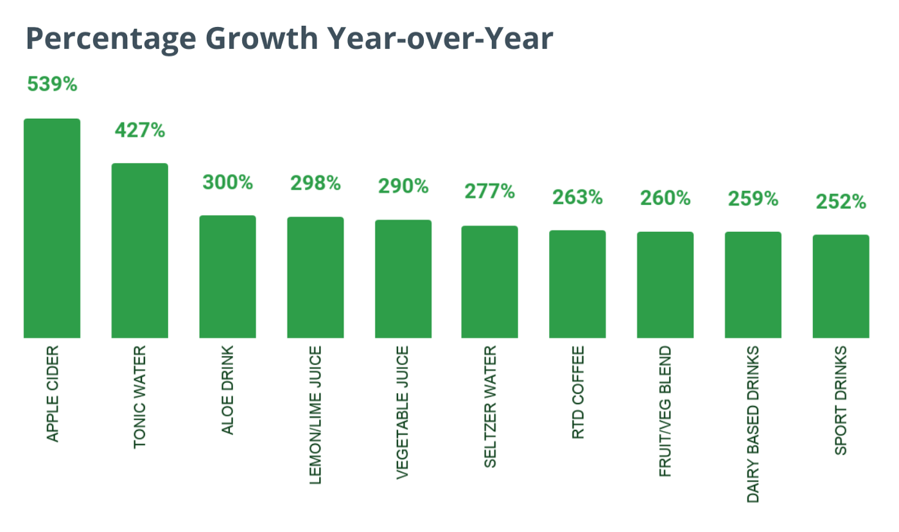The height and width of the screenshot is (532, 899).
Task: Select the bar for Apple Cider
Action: (52, 228)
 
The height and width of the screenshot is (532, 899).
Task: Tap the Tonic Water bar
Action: (140, 251)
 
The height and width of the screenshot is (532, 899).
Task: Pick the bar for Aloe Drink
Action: (228, 276)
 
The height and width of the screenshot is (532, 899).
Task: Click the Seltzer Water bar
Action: (490, 281)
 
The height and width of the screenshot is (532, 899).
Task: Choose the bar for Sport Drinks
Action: (841, 286)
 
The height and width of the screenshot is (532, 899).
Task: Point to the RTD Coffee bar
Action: (577, 284)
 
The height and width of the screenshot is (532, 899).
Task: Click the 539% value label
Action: (52, 84)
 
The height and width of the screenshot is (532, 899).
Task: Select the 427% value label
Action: (140, 130)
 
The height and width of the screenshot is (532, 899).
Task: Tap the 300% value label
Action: (228, 182)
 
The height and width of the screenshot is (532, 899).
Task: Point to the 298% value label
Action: (315, 184)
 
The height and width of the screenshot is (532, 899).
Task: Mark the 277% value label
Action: (490, 191)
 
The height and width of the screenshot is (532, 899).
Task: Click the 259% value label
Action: (753, 199)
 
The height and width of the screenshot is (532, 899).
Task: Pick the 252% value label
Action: (841, 202)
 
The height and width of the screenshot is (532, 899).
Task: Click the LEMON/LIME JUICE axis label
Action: (315, 414)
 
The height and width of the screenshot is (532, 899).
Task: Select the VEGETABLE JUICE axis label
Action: (403, 412)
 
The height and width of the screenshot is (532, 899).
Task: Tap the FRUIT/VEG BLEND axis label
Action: (665, 411)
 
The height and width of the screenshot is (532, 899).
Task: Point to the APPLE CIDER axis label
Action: (52, 393)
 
